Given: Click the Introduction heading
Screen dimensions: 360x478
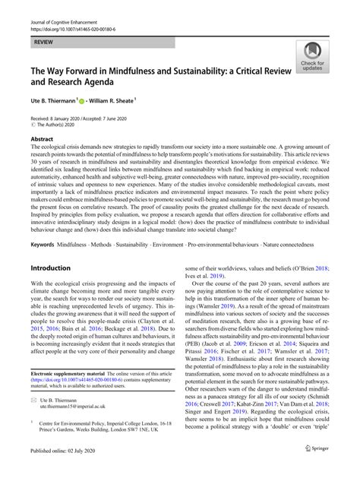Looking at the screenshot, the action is [x=55, y=269].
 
